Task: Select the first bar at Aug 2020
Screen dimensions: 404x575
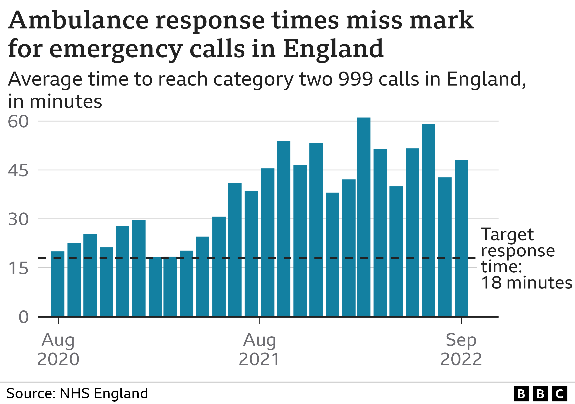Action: tap(58, 284)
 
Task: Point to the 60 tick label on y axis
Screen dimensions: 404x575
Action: tap(18, 122)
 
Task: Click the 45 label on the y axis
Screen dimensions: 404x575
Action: tap(18, 171)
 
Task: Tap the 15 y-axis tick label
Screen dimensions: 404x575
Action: tap(18, 268)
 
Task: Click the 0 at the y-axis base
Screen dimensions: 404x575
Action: tap(24, 317)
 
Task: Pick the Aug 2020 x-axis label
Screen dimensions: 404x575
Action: tap(58, 349)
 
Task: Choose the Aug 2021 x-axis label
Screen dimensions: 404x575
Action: tap(259, 349)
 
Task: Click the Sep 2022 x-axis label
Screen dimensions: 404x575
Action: tap(461, 349)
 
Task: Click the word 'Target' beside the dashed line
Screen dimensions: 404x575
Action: tap(507, 235)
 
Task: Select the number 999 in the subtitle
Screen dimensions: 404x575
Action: tap(355, 79)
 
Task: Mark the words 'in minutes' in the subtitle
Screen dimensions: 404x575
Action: tap(55, 101)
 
